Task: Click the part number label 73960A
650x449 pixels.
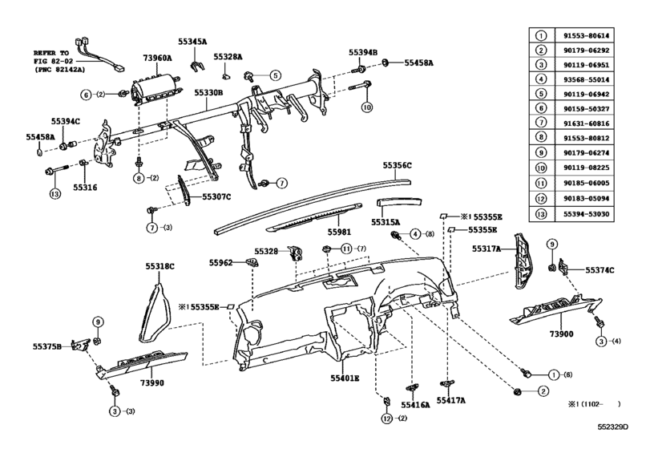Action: (x=158, y=59)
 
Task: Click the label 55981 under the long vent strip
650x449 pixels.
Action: (x=339, y=232)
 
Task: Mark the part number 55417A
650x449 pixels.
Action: (x=451, y=399)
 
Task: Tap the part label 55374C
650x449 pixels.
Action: (x=600, y=270)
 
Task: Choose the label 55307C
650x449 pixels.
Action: (x=216, y=196)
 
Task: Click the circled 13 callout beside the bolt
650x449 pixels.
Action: (x=55, y=193)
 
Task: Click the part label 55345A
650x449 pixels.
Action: (x=192, y=40)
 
